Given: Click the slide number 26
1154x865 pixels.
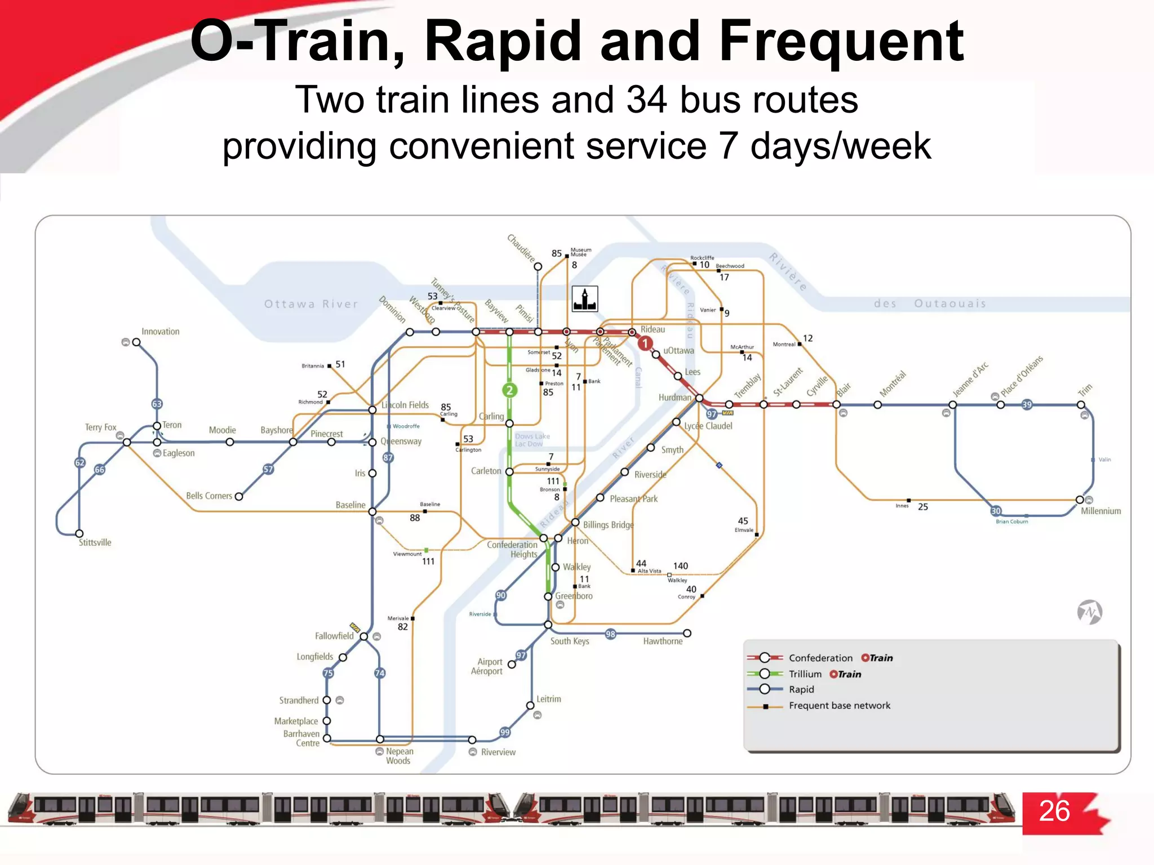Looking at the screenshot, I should tap(1054, 811).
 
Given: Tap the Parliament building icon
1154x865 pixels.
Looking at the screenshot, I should tap(585, 299).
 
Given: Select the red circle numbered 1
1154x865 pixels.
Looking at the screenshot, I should tap(645, 343).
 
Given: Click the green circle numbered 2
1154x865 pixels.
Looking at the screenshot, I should tap(509, 390).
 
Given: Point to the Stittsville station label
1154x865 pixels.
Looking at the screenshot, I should tap(95, 543).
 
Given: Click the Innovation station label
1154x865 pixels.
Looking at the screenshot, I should tap(160, 332).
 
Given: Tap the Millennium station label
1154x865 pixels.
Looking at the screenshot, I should tap(1100, 511).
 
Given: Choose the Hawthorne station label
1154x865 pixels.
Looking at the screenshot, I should tap(663, 641).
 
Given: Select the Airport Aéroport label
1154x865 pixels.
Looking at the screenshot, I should tap(488, 667).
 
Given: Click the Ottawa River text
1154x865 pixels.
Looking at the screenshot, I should tap(311, 304).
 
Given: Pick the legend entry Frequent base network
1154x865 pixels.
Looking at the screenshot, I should tap(839, 706).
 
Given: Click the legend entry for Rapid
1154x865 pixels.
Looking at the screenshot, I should tap(801, 689).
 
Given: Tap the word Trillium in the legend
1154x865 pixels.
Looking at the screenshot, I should tap(805, 674).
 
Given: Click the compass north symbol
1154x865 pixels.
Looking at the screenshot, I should tap(1090, 612).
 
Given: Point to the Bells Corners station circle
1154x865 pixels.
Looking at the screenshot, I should tap(239, 497).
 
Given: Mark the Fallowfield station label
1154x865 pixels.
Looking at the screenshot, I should tap(334, 636).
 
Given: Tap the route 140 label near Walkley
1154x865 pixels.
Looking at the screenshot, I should tap(680, 566).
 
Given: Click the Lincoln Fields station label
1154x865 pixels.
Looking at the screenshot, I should tap(406, 405).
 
